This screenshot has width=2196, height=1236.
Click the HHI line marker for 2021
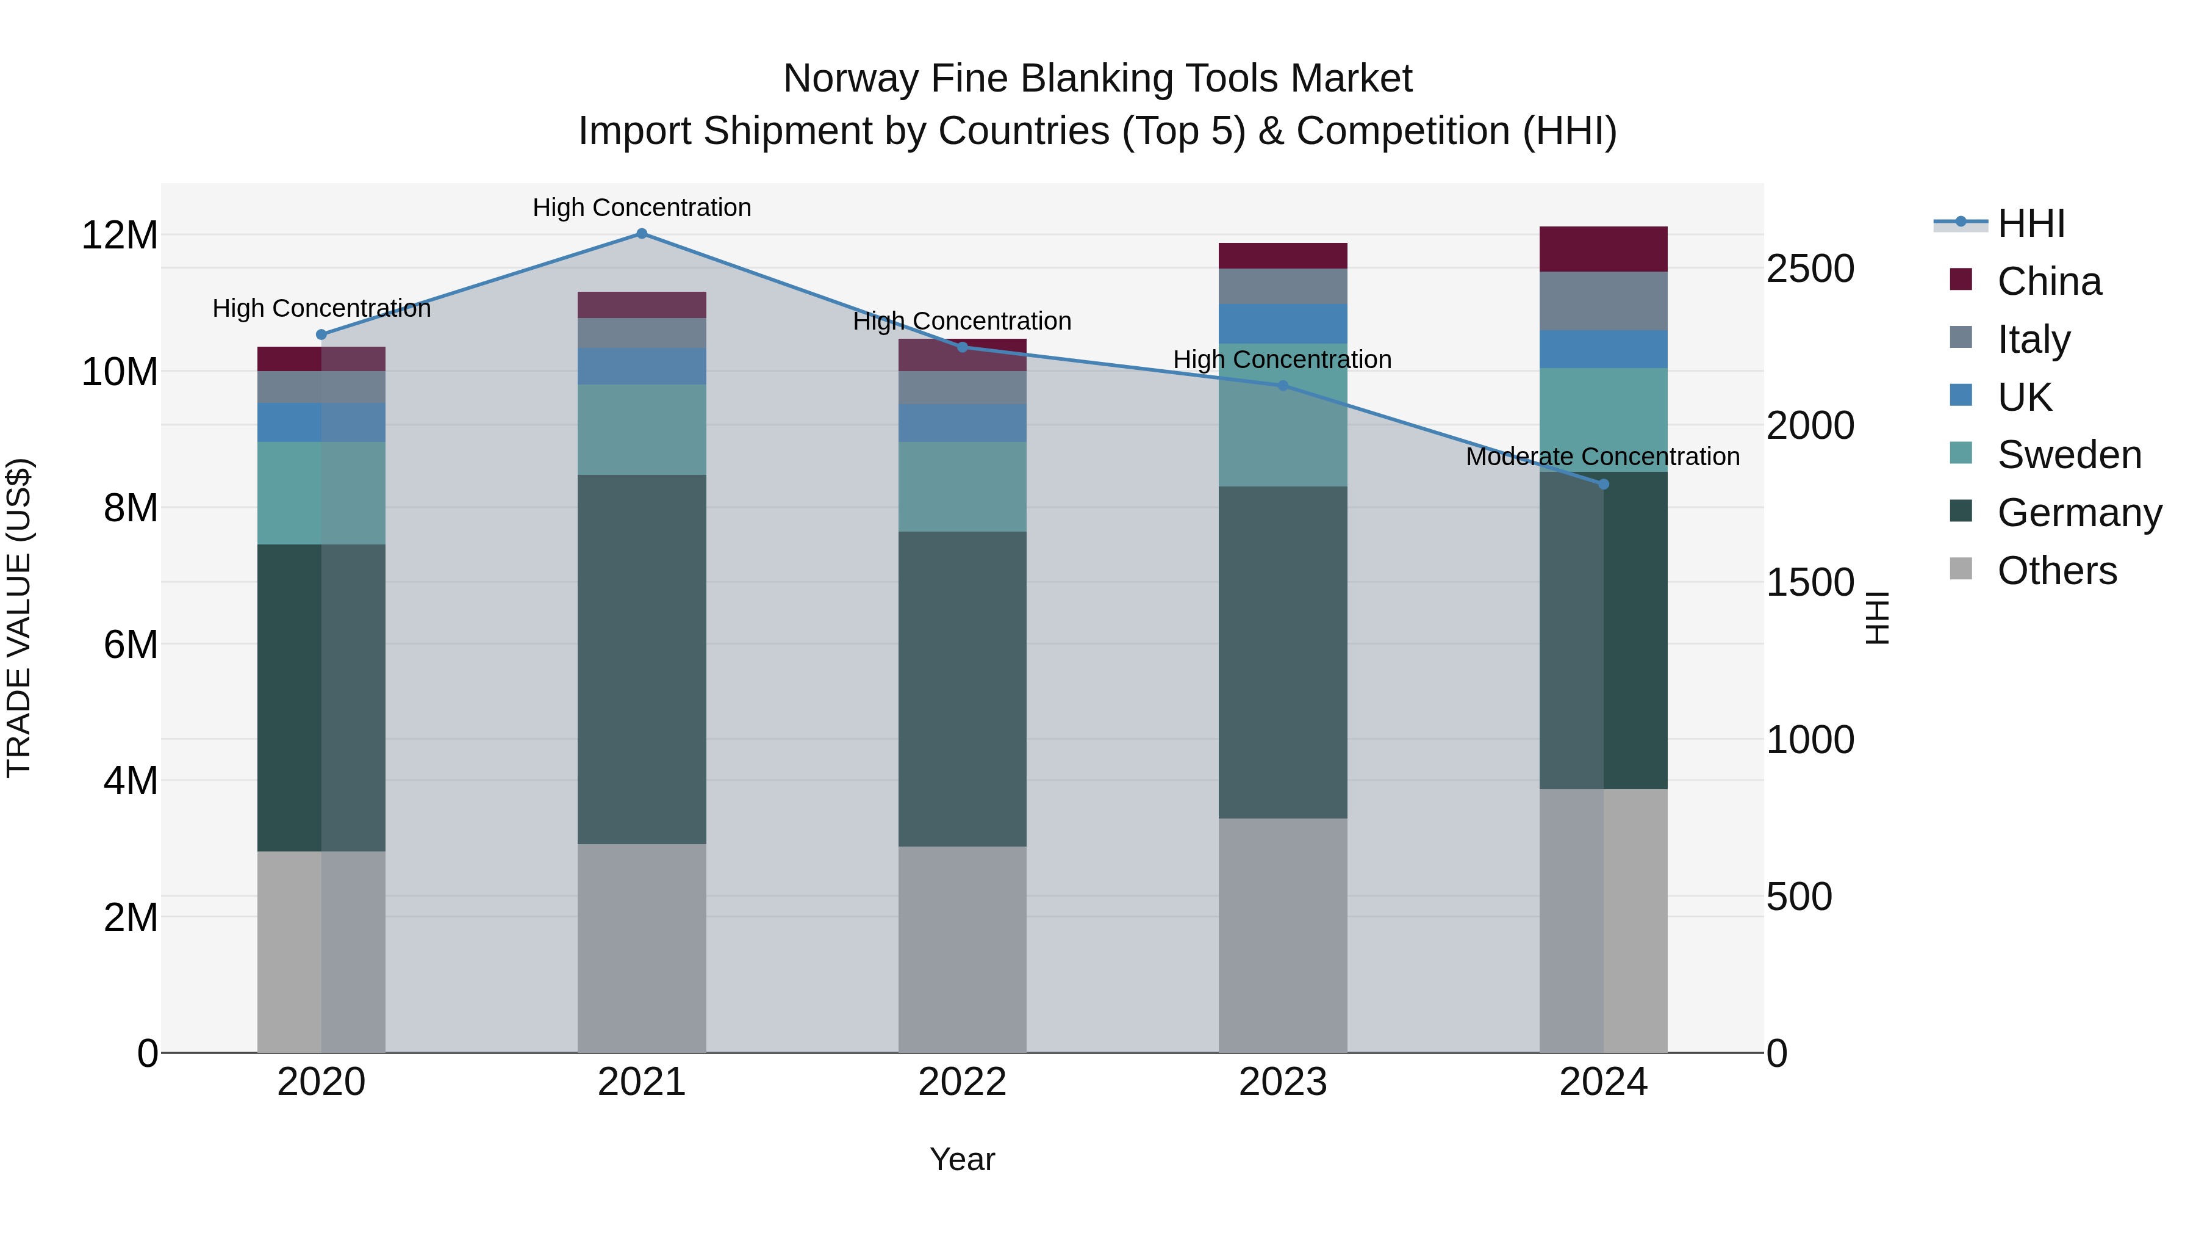point(642,234)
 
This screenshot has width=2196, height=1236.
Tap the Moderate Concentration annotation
point(1602,457)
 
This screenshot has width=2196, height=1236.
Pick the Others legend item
point(2056,571)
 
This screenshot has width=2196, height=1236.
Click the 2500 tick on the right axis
point(1810,269)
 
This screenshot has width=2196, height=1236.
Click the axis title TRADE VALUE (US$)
point(20,618)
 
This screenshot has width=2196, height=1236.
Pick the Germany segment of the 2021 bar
point(642,659)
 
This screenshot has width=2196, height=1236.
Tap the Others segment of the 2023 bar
point(1282,935)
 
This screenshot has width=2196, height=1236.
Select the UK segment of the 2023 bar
point(1282,323)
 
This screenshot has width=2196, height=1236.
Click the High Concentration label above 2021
point(642,208)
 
